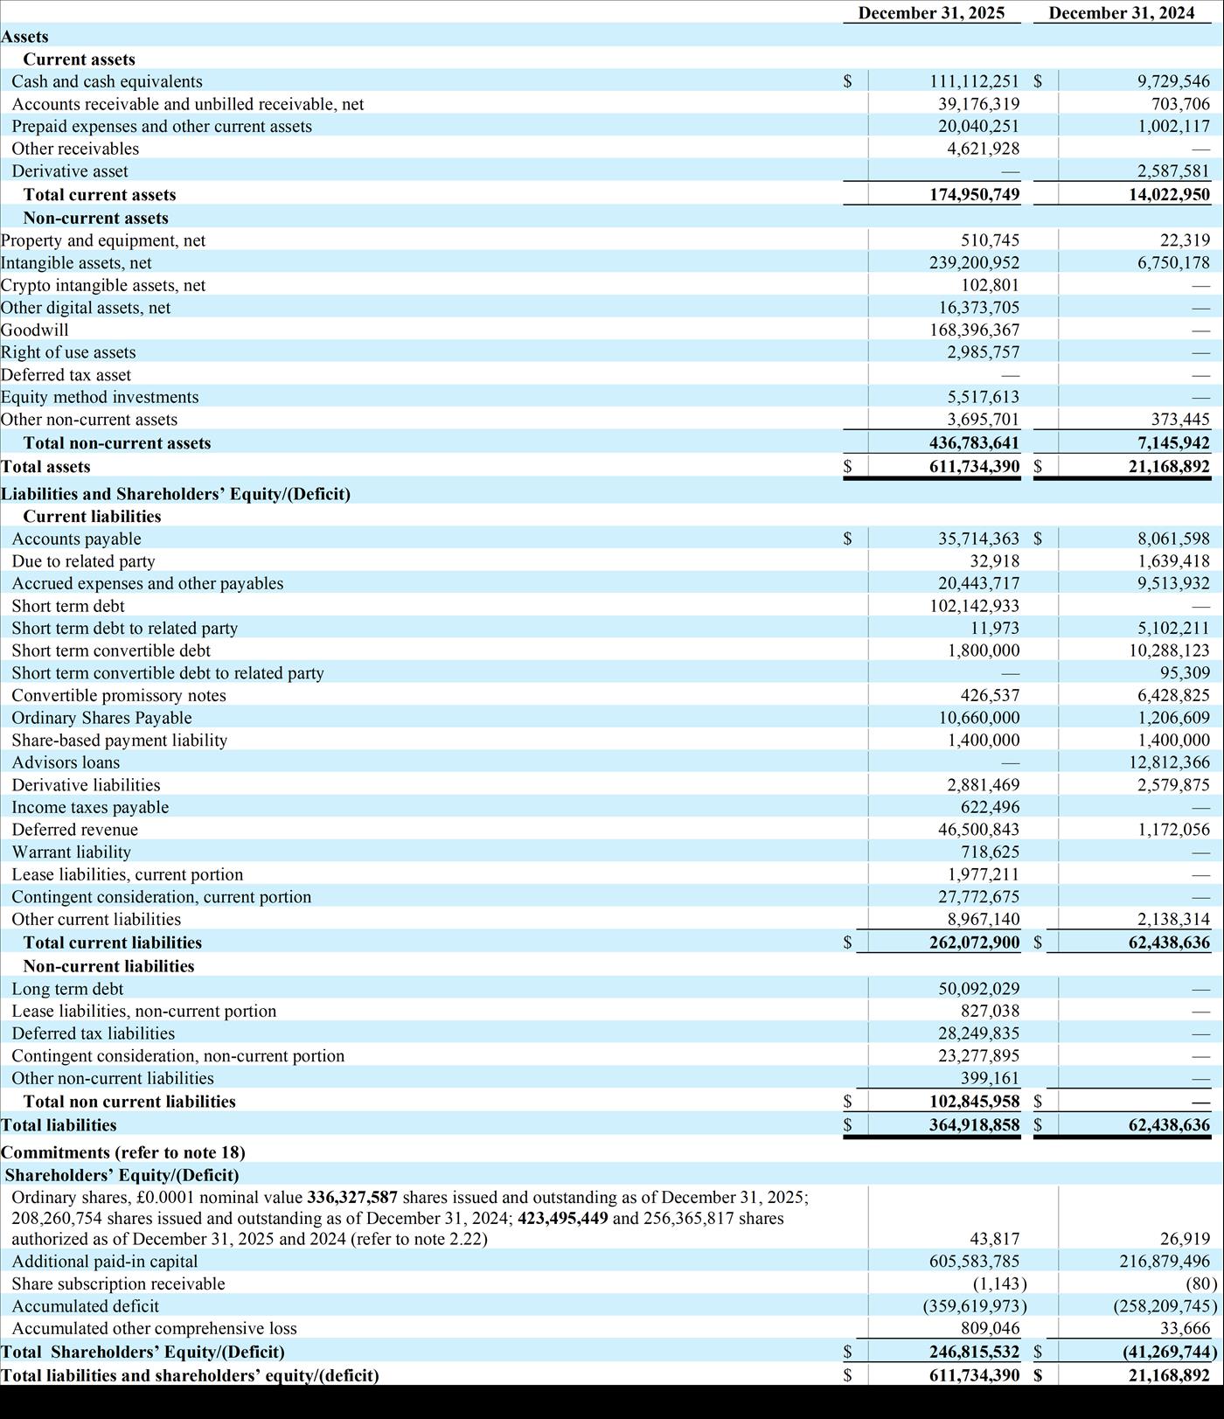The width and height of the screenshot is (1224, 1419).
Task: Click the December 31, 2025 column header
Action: pyautogui.click(x=931, y=13)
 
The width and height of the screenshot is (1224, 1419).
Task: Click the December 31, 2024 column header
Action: pyautogui.click(x=1122, y=13)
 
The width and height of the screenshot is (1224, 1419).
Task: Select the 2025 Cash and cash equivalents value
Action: pyautogui.click(x=974, y=81)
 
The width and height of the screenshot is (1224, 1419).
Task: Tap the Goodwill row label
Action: pyautogui.click(x=35, y=330)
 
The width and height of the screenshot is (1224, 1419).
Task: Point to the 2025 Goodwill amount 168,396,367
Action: pyautogui.click(x=974, y=330)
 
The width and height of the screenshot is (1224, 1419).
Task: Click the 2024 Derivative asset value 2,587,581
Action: pyautogui.click(x=1173, y=171)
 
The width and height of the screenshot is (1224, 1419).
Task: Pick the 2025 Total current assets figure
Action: pyautogui.click(x=974, y=194)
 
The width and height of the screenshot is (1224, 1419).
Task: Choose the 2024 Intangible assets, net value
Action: pyautogui.click(x=1173, y=262)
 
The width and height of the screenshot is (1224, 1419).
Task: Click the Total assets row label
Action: pyautogui.click(x=45, y=467)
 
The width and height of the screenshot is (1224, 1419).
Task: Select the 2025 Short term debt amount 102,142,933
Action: pyautogui.click(x=974, y=606)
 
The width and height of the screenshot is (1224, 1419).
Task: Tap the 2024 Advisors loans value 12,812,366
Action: pyautogui.click(x=1169, y=762)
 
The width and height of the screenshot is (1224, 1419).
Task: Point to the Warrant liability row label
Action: pyautogui.click(x=71, y=852)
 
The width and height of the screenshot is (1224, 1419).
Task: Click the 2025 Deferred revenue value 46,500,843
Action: pyautogui.click(x=978, y=830)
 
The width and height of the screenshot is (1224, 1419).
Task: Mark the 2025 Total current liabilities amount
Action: pyautogui.click(x=974, y=943)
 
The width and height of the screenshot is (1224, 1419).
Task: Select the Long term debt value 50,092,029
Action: pyautogui.click(x=978, y=989)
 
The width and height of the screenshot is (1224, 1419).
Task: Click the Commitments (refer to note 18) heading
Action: pyautogui.click(x=123, y=1152)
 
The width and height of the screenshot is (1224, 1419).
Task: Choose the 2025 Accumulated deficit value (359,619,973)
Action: pyautogui.click(x=974, y=1306)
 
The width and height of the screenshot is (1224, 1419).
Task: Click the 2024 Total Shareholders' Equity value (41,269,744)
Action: pyautogui.click(x=1170, y=1352)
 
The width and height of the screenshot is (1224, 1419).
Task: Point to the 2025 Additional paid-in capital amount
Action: pyautogui.click(x=974, y=1262)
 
